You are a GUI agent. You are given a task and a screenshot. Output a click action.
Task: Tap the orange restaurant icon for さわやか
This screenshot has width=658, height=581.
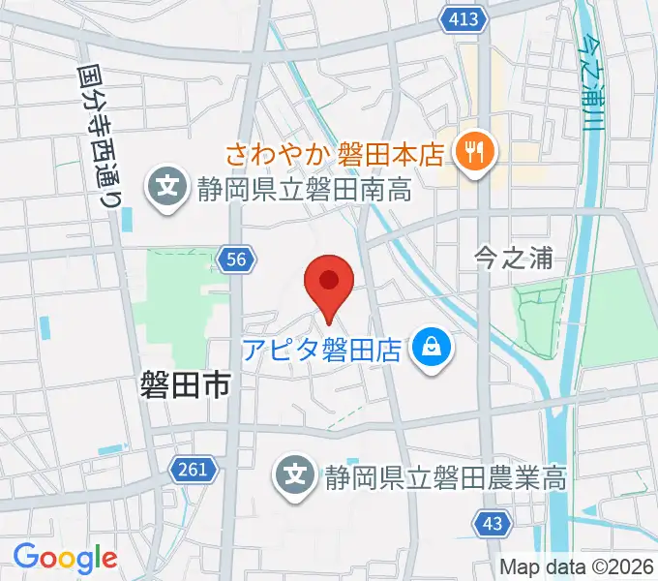[474, 151]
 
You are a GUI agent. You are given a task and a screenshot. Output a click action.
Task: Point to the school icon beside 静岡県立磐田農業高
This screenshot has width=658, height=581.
[295, 475]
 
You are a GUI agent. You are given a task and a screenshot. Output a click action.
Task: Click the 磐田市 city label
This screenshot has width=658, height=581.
[184, 387]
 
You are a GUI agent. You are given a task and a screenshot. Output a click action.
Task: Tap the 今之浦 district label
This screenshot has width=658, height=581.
[514, 258]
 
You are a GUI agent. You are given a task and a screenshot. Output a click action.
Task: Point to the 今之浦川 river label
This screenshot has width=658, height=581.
[588, 77]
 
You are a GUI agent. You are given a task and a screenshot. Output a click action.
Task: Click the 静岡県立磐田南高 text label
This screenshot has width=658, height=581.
[303, 188]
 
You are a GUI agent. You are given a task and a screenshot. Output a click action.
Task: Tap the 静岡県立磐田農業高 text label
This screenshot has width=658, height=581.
[446, 476]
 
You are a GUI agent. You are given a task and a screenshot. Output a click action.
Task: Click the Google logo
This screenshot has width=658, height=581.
[65, 558]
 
